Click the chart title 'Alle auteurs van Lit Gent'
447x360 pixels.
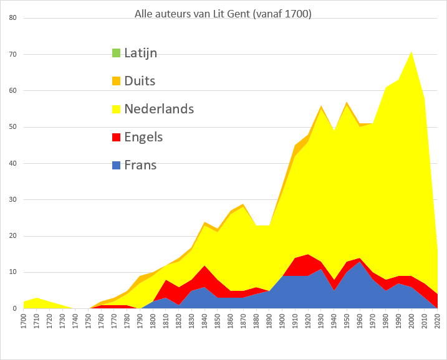coord(223,14)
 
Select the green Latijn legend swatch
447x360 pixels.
coord(115,53)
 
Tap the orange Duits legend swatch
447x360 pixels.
coord(115,81)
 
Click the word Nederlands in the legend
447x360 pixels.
coord(159,109)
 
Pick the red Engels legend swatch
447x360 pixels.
coord(115,137)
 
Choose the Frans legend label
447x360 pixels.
coord(140,165)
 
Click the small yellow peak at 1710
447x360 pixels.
coord(36,299)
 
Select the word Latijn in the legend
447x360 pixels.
coord(140,53)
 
